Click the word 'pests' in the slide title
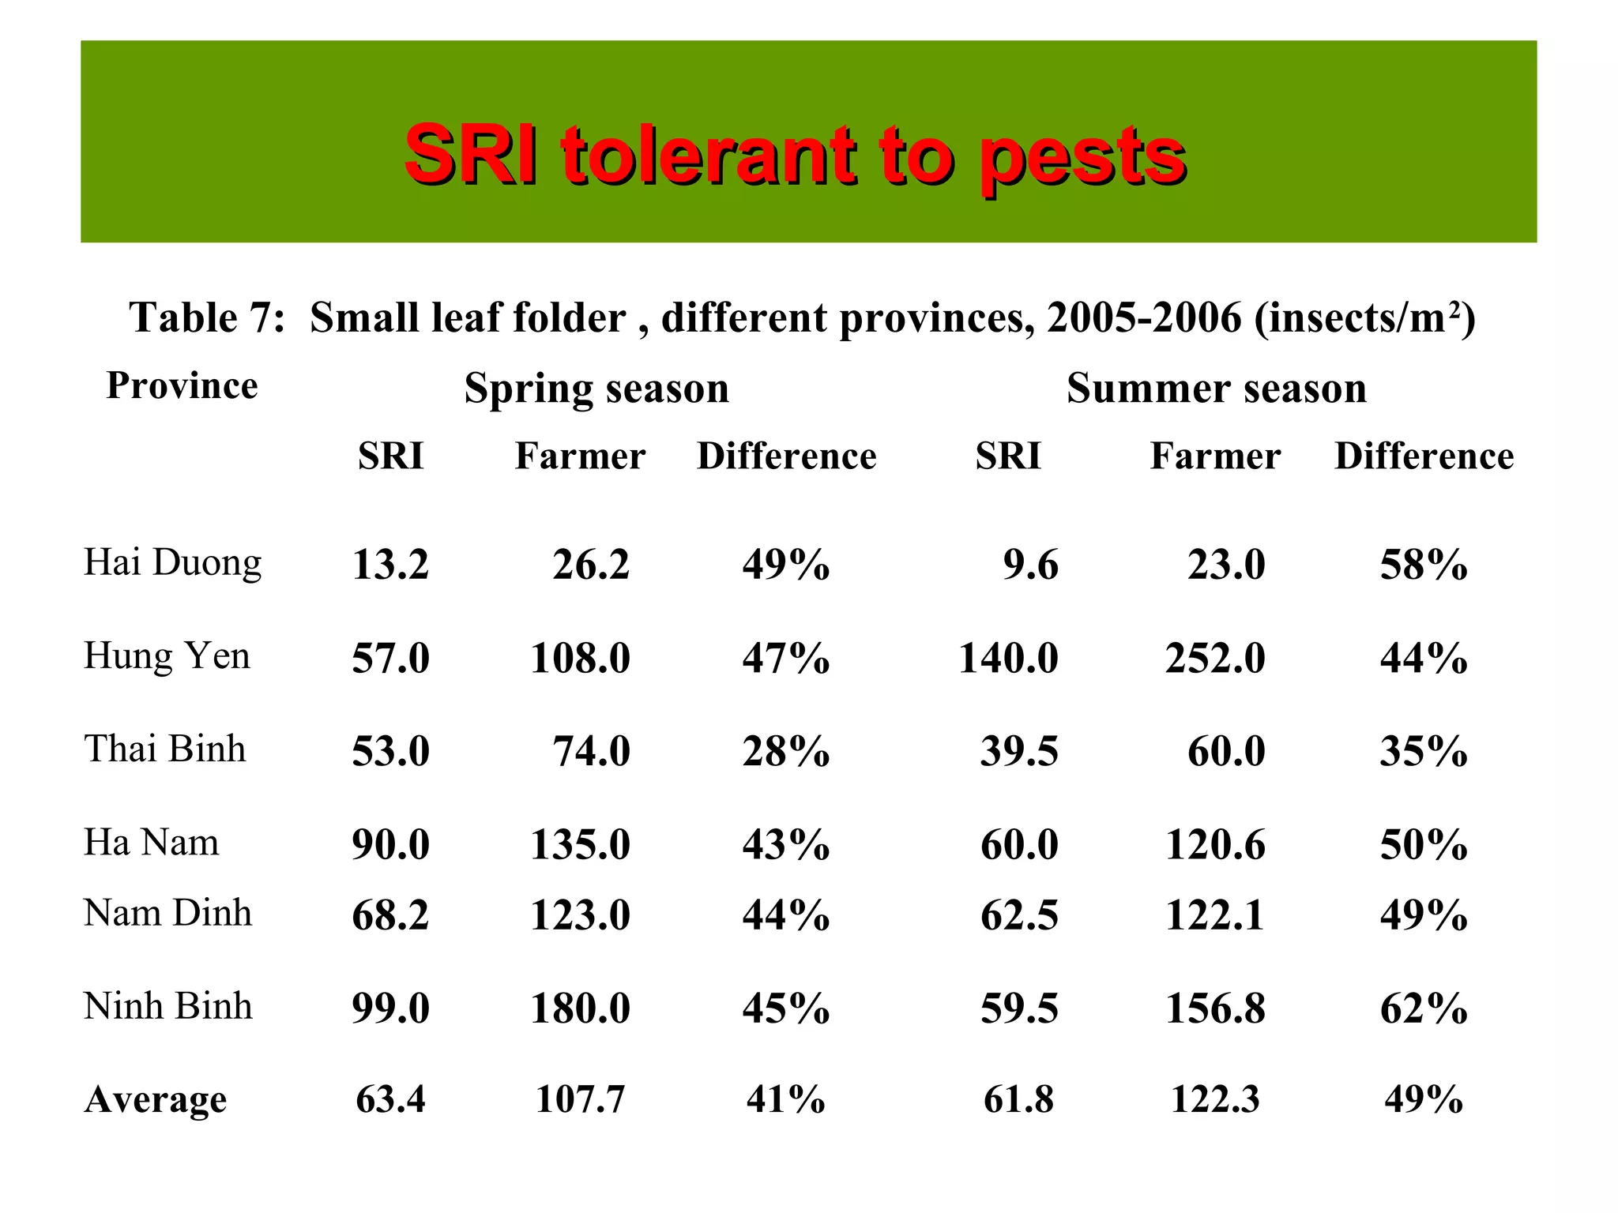tap(1082, 157)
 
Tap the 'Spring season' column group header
tap(596, 389)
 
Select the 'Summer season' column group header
tap(1216, 389)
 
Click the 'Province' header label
tap(182, 386)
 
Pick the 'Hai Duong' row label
tap(172, 563)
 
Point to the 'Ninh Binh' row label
tap(167, 1006)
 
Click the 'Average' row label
tap(155, 1099)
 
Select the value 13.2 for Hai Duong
tap(390, 565)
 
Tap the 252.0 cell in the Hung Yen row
tap(1215, 659)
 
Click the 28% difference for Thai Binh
tap(785, 751)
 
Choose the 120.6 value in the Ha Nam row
tap(1215, 845)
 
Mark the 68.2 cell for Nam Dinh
tap(390, 916)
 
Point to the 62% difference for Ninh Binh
tap(1424, 1009)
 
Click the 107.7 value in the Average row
tap(580, 1099)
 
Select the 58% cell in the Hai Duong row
tap(1424, 565)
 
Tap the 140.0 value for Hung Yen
tap(1008, 659)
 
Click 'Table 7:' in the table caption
tap(207, 318)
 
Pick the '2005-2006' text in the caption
tap(1144, 318)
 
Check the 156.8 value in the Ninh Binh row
tap(1215, 1009)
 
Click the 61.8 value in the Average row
tap(1018, 1099)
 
